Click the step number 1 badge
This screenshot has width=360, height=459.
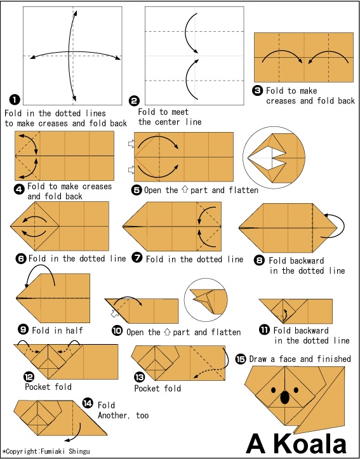15,100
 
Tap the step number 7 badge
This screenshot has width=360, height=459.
137,258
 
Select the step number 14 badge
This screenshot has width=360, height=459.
88,402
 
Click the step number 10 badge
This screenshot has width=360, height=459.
117,331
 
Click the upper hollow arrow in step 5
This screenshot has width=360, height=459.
131,143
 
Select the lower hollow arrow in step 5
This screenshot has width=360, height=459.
131,170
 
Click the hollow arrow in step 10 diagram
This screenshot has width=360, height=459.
115,314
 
